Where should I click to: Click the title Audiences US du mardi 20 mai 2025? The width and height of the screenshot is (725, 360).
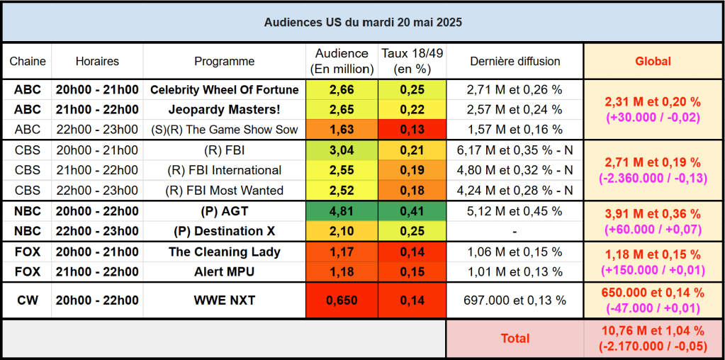tap(363, 23)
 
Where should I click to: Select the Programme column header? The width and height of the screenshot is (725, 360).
tap(224, 61)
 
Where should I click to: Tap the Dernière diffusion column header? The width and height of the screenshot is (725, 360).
tap(515, 61)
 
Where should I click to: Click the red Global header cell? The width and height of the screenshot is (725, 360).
tap(653, 61)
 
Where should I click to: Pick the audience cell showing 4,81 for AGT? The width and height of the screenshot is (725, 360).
tap(342, 211)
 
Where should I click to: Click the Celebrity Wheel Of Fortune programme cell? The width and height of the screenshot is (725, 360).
tap(224, 90)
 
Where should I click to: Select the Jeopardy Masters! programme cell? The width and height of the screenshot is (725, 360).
tap(224, 110)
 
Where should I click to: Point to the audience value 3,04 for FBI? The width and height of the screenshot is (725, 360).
tap(342, 150)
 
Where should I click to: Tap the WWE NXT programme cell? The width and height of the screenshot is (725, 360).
tap(224, 300)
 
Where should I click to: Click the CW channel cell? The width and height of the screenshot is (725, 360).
tap(27, 300)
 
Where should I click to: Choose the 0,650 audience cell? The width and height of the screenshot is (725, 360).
tap(342, 300)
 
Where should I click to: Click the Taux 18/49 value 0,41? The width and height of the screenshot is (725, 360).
tap(412, 211)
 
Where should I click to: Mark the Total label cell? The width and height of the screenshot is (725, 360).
tap(515, 338)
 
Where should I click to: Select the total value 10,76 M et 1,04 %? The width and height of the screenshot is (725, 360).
tap(653, 331)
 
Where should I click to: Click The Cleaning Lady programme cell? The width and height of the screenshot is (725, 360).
tap(224, 252)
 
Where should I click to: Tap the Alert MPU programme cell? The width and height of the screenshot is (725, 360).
tap(224, 272)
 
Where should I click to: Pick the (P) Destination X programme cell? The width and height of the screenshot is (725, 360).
tap(224, 231)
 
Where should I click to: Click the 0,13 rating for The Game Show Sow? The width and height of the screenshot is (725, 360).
tap(412, 130)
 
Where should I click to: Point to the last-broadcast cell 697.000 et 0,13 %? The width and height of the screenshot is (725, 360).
tap(515, 300)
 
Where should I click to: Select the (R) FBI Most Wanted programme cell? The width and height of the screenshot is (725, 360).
tap(224, 191)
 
